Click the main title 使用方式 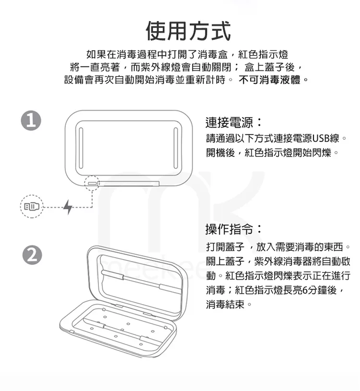click(188, 31)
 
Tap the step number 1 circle click(31, 120)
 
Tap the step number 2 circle click(32, 255)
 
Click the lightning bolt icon click(68, 207)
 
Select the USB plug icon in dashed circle click(31, 207)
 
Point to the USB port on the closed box click(92, 183)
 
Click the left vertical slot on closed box click(81, 148)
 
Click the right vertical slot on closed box click(175, 148)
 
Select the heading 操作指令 click(233, 229)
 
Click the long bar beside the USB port click(129, 184)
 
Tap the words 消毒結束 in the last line click(225, 305)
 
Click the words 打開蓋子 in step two click(225, 247)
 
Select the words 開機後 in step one click(220, 153)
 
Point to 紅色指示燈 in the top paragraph click(263, 54)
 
